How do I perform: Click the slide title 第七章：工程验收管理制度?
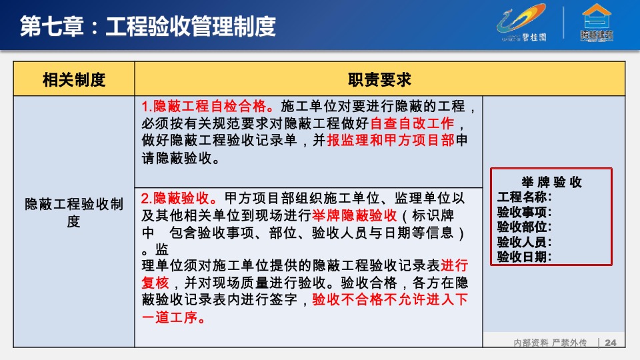coord(147,26)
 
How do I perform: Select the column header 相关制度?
coord(74,80)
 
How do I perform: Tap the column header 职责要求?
coord(379,80)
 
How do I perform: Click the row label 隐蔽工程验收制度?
coord(73,212)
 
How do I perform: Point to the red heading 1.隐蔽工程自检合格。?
coord(208,106)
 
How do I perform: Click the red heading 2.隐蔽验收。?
coord(180,199)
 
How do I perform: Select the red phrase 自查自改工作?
coord(412,123)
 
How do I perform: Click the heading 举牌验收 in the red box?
coord(551,183)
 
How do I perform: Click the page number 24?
coord(611,343)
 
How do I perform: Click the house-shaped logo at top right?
coord(597,23)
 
